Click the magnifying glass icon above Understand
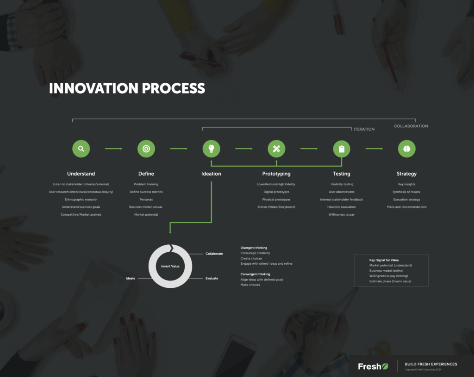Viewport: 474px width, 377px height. click(x=81, y=149)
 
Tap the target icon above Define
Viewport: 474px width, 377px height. click(x=146, y=149)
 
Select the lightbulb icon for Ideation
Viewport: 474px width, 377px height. click(x=211, y=149)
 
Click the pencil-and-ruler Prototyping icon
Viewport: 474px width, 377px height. click(x=277, y=149)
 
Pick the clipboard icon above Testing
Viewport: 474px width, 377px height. click(x=342, y=149)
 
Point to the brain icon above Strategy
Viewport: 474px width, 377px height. click(x=407, y=149)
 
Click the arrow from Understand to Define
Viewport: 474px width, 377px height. click(x=114, y=149)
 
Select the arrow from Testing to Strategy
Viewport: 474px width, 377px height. click(x=374, y=149)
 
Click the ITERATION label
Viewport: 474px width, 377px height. click(x=364, y=129)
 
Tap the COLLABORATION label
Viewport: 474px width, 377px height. click(x=411, y=126)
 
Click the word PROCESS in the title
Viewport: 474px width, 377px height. click(x=174, y=88)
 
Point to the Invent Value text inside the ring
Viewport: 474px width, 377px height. click(x=170, y=266)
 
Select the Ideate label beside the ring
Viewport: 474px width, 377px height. click(x=131, y=279)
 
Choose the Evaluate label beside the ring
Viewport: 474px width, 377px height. click(x=212, y=279)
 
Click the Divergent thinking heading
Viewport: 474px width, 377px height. click(x=254, y=248)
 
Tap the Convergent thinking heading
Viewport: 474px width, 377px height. click(x=256, y=274)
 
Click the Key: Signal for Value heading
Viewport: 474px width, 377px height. click(x=384, y=260)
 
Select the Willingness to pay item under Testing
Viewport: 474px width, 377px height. click(x=342, y=215)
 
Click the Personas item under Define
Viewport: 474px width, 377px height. click(x=146, y=200)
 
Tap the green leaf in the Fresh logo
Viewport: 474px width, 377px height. click(x=385, y=366)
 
